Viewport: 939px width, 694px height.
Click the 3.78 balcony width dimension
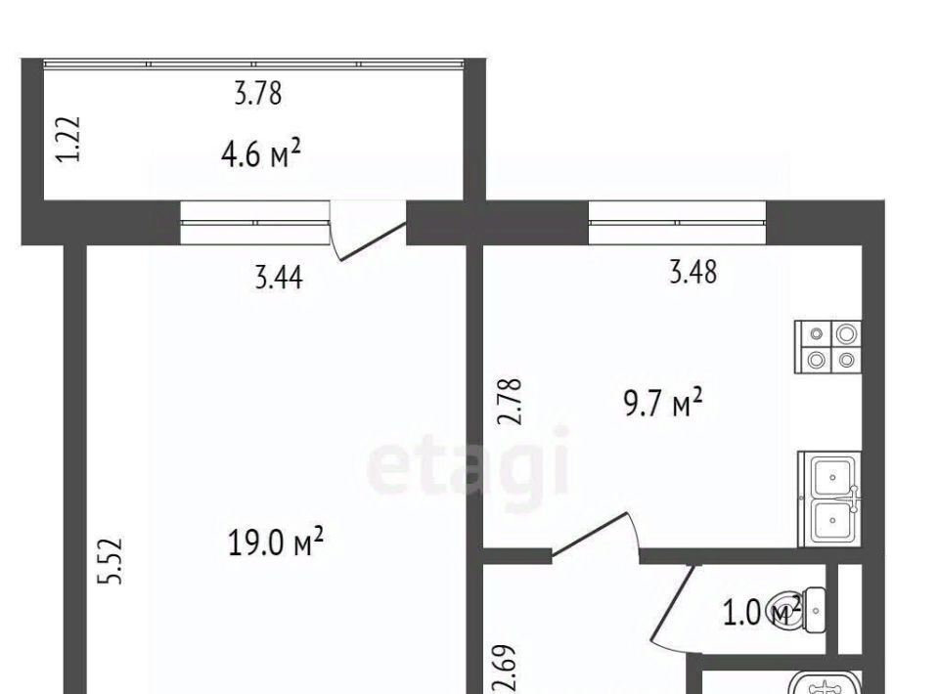point(257,94)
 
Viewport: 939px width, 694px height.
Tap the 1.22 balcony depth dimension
point(68,139)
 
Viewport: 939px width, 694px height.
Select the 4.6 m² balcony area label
point(260,154)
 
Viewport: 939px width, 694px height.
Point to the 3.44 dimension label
point(279,279)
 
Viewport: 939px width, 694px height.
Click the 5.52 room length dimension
point(111,561)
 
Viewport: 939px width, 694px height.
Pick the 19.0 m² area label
point(276,542)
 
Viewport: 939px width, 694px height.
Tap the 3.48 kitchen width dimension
point(693,272)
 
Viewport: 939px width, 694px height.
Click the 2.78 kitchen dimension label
point(511,402)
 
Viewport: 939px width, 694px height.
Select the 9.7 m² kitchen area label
point(663,403)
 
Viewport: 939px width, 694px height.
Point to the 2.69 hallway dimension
point(501,669)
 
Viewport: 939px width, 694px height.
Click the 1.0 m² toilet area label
point(762,612)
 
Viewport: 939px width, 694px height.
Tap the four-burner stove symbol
point(828,347)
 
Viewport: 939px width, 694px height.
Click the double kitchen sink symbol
point(830,499)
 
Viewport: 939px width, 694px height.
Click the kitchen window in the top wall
point(677,222)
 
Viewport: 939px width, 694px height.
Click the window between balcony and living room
point(255,222)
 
